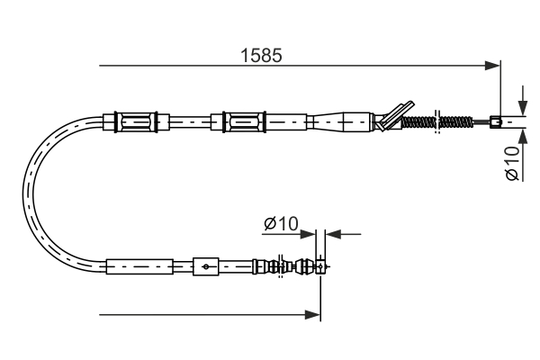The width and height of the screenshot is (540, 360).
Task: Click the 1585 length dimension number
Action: pyautogui.click(x=261, y=55)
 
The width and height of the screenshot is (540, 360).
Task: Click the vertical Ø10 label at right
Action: pyautogui.click(x=512, y=162)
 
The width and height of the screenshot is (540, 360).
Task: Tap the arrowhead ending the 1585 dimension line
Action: pyautogui.click(x=492, y=65)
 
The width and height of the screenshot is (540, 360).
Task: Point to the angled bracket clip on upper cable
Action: pyautogui.click(x=393, y=114)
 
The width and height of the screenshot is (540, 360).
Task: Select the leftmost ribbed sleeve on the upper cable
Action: pyautogui.click(x=138, y=120)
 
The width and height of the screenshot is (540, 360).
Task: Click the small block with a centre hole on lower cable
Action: pyautogui.click(x=206, y=266)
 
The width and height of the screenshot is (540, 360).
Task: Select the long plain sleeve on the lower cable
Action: pyautogui.click(x=139, y=266)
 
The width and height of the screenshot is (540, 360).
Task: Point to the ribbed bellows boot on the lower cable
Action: pyautogui.click(x=267, y=266)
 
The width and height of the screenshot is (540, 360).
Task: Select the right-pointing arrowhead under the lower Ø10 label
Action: pyautogui.click(x=311, y=235)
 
